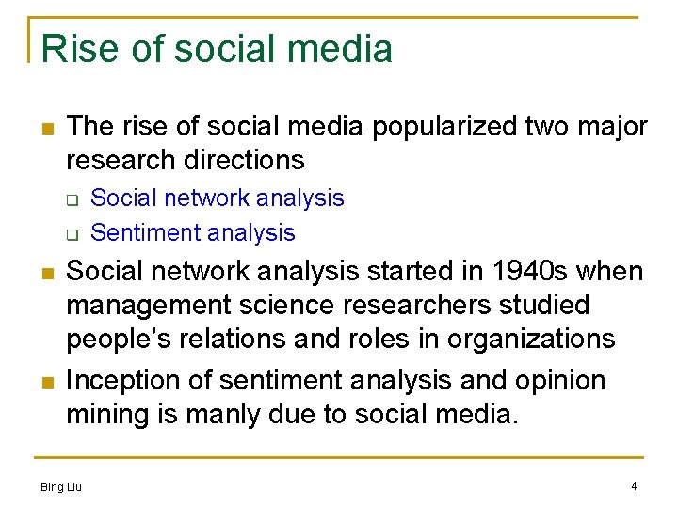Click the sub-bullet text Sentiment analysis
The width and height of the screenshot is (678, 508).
193,232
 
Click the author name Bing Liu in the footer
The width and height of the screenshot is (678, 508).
61,486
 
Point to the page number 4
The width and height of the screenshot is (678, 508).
634,485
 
